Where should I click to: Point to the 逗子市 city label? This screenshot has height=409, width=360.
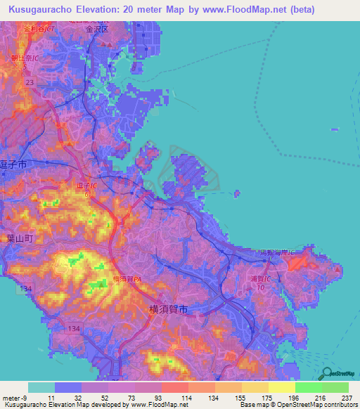point(13,163)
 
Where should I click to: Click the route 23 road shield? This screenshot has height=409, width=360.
point(30,83)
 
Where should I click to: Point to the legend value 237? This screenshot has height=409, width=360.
point(345,398)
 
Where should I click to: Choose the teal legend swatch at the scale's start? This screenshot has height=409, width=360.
point(41,387)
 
